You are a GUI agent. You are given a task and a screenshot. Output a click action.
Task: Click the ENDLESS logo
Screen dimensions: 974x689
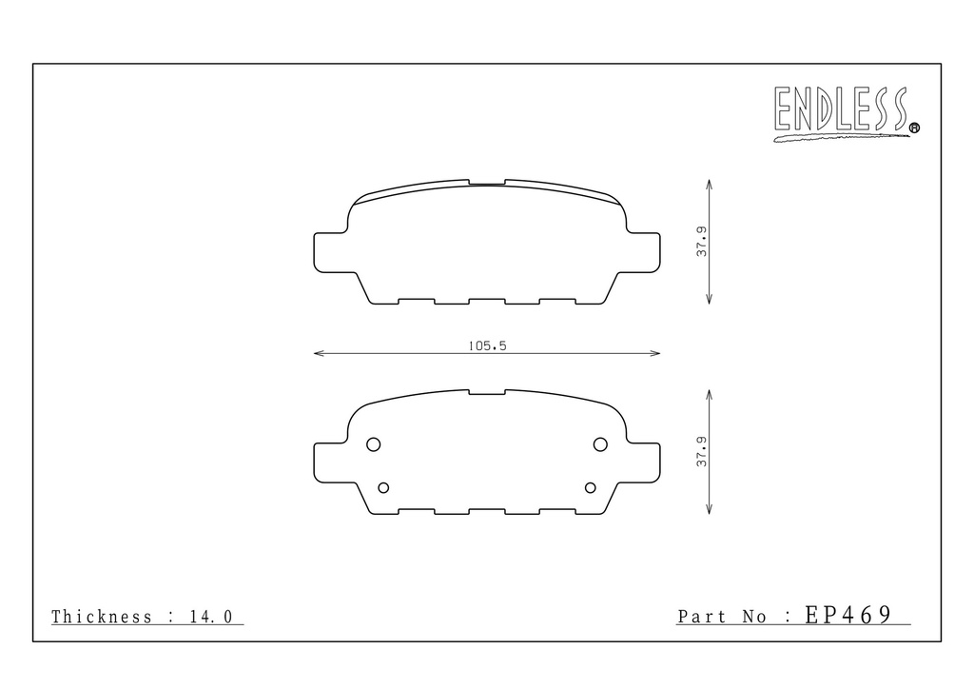[843, 112]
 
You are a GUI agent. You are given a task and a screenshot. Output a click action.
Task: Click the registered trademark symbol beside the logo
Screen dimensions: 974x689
[914, 128]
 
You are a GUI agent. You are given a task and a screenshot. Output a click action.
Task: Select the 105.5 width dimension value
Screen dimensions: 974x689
[488, 345]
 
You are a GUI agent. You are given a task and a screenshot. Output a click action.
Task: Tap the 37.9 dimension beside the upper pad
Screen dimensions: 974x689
[701, 242]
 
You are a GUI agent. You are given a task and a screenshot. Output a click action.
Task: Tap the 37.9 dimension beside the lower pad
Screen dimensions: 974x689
[701, 452]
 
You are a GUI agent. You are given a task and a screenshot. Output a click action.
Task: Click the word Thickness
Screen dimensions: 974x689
[102, 617]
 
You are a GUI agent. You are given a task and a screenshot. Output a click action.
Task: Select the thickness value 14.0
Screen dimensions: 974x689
[211, 617]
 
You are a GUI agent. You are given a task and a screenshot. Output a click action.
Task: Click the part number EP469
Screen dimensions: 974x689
[848, 615]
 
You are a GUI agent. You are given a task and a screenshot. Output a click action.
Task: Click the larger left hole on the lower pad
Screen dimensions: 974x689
[373, 444]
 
